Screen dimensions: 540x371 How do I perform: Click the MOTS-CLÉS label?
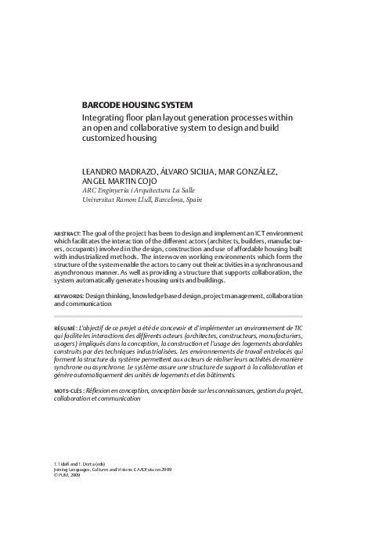71,388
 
